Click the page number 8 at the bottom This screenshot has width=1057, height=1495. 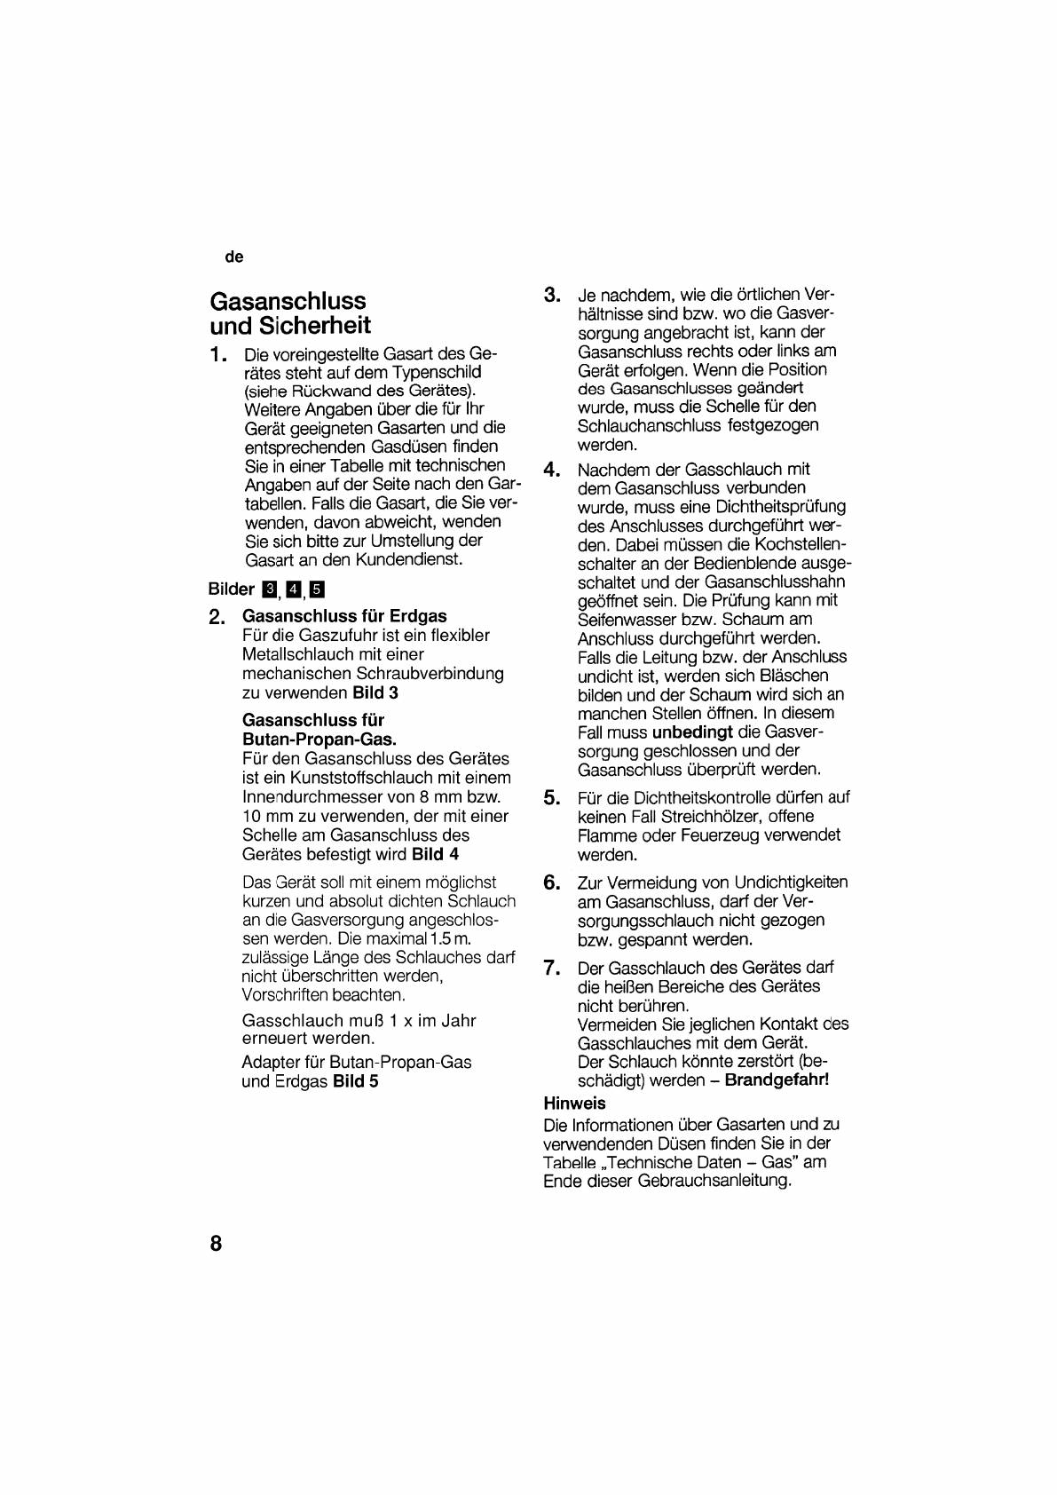tap(216, 1243)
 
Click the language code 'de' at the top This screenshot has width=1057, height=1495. tap(233, 257)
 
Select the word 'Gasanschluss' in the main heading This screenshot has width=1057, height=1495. tap(288, 301)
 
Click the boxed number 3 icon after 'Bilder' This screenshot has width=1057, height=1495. tap(269, 589)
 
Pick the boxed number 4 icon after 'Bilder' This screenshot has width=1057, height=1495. tap(293, 589)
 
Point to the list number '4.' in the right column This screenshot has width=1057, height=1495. tap(552, 470)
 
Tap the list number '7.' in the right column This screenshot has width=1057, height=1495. tap(552, 968)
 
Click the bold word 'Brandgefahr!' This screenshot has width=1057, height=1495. tap(777, 1080)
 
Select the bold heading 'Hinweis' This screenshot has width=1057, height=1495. tap(574, 1103)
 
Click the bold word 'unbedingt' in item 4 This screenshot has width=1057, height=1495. tap(692, 732)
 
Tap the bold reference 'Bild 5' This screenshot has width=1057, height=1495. tap(355, 1081)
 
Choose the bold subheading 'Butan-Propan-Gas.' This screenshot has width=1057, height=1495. tap(319, 740)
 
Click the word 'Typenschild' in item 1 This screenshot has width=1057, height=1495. tap(437, 372)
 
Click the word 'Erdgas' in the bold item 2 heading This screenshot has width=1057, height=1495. tap(418, 616)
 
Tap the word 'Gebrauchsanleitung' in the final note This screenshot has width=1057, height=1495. tap(712, 1182)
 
